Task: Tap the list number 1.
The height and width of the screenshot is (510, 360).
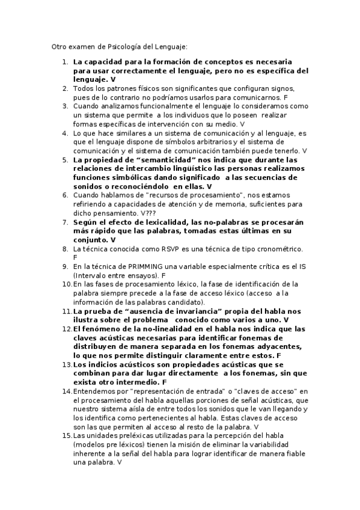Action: tap(65, 62)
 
